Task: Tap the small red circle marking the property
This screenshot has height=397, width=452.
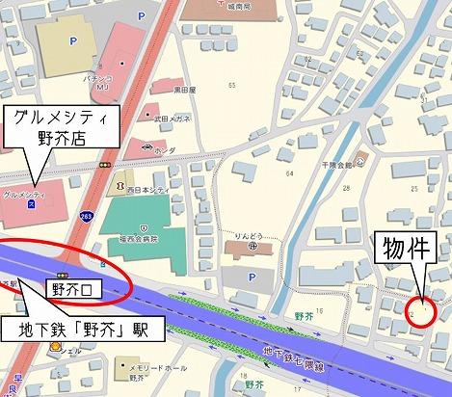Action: tap(421, 309)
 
